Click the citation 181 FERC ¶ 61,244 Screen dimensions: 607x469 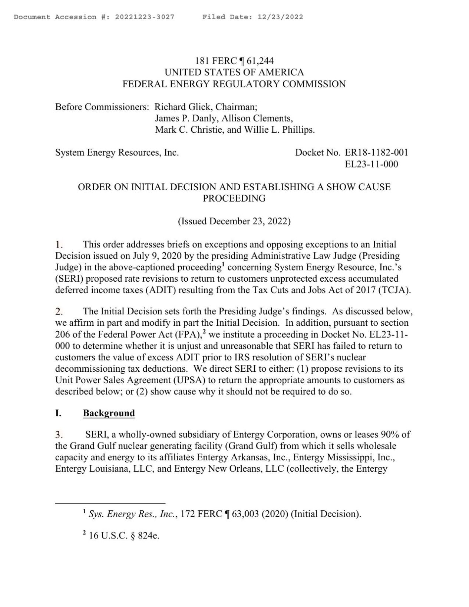point(234,61)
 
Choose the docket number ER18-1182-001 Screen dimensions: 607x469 point(376,152)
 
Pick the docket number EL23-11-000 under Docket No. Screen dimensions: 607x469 point(371,164)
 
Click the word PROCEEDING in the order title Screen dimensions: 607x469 point(234,198)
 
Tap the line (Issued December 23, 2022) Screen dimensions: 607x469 point(234,221)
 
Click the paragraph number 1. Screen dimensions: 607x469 point(59,245)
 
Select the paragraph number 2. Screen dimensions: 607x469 point(60,311)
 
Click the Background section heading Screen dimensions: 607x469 point(109,413)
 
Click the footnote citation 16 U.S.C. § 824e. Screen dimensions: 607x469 point(124,536)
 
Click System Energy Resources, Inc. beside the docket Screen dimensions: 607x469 point(117,152)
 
